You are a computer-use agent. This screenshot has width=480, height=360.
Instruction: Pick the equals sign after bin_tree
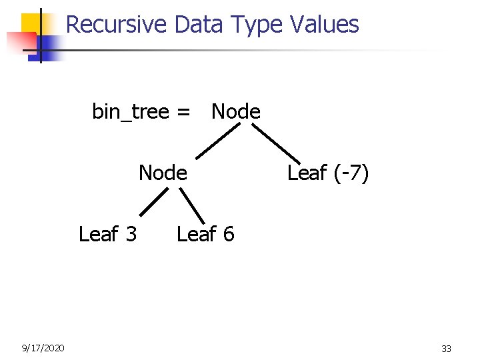(x=183, y=111)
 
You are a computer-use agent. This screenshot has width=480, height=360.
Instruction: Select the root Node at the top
(x=236, y=111)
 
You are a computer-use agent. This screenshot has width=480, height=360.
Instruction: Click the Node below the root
(x=163, y=173)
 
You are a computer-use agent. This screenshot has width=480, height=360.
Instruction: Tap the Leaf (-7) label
(x=327, y=173)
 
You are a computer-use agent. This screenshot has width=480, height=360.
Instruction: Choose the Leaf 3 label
(x=107, y=234)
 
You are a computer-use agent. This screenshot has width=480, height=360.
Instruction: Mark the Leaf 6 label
(x=205, y=234)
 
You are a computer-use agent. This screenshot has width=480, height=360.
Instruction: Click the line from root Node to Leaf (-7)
(x=277, y=142)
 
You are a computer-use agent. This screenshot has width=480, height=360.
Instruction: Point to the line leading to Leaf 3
(x=153, y=202)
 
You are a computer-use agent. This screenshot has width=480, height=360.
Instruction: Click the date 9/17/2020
(x=43, y=347)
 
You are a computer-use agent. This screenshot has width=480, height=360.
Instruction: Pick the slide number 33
(x=447, y=348)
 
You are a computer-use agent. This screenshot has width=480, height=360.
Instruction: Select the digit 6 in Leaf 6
(x=229, y=234)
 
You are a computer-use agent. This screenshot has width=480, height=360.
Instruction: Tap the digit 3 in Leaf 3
(x=131, y=234)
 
